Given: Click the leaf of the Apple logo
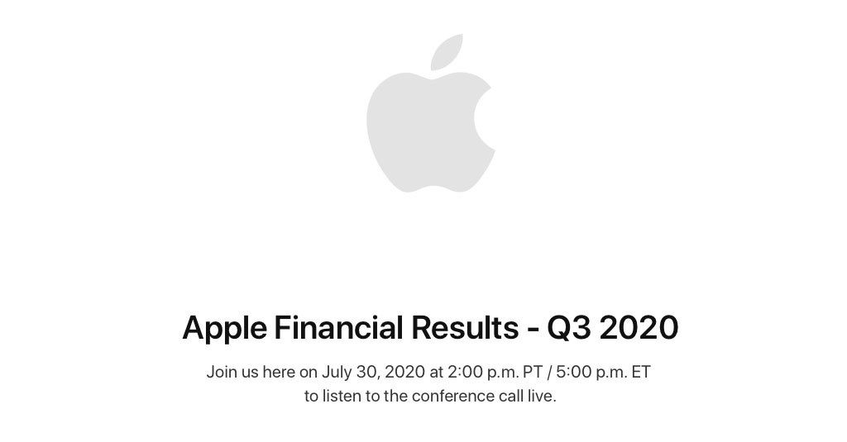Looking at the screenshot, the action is pos(448,51).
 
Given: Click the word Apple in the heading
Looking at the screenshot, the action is pos(224,329).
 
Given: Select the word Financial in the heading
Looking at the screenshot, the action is pos(338,327).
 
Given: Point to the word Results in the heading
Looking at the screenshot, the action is pos(465,327).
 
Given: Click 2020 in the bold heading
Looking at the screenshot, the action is pos(639,328).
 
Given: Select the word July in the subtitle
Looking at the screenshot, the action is pos(337,373).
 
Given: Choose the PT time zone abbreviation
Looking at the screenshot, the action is pos(533,373).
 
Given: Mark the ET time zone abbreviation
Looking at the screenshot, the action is pos(641,373).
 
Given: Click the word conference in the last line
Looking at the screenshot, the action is pos(453,396).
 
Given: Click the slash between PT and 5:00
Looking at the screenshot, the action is pos(549,373).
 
